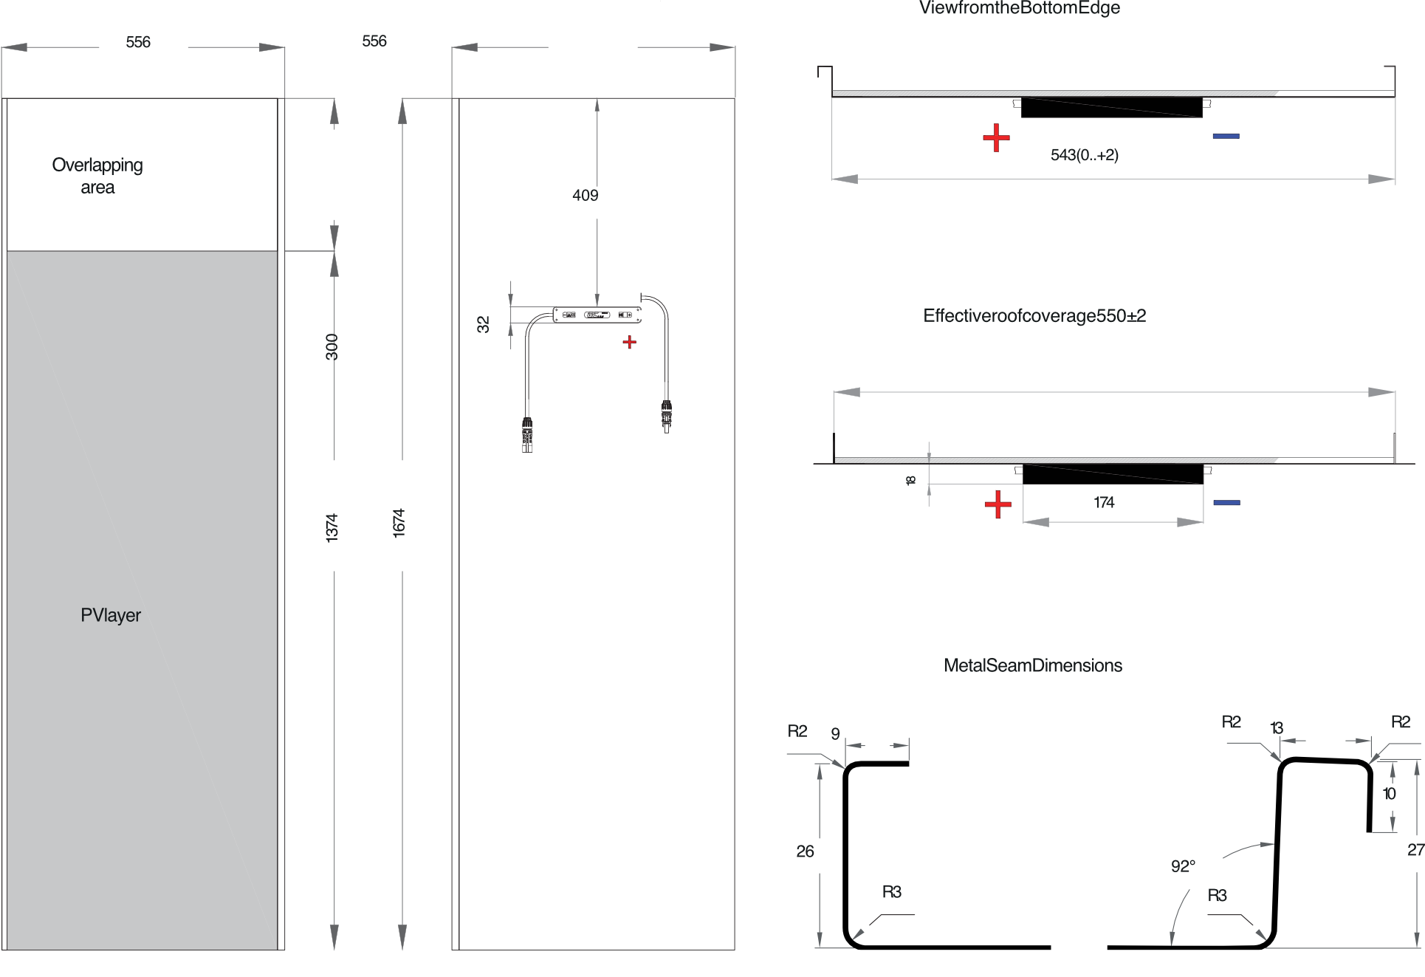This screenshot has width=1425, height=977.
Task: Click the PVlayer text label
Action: (111, 615)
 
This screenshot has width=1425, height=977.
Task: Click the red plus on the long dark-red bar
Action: (996, 137)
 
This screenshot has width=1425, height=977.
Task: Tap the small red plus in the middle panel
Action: (629, 343)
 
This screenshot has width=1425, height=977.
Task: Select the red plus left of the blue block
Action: (998, 505)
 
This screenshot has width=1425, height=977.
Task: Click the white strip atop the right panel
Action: (1113, 84)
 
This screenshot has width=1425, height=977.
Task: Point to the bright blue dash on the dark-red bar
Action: (1226, 137)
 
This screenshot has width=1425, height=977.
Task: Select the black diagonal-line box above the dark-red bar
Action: (1111, 108)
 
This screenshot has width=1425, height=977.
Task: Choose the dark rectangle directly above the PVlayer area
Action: (165, 203)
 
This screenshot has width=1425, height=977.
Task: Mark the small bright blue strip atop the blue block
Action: (1226, 503)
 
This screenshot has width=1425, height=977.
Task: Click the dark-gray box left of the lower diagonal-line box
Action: (970, 474)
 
